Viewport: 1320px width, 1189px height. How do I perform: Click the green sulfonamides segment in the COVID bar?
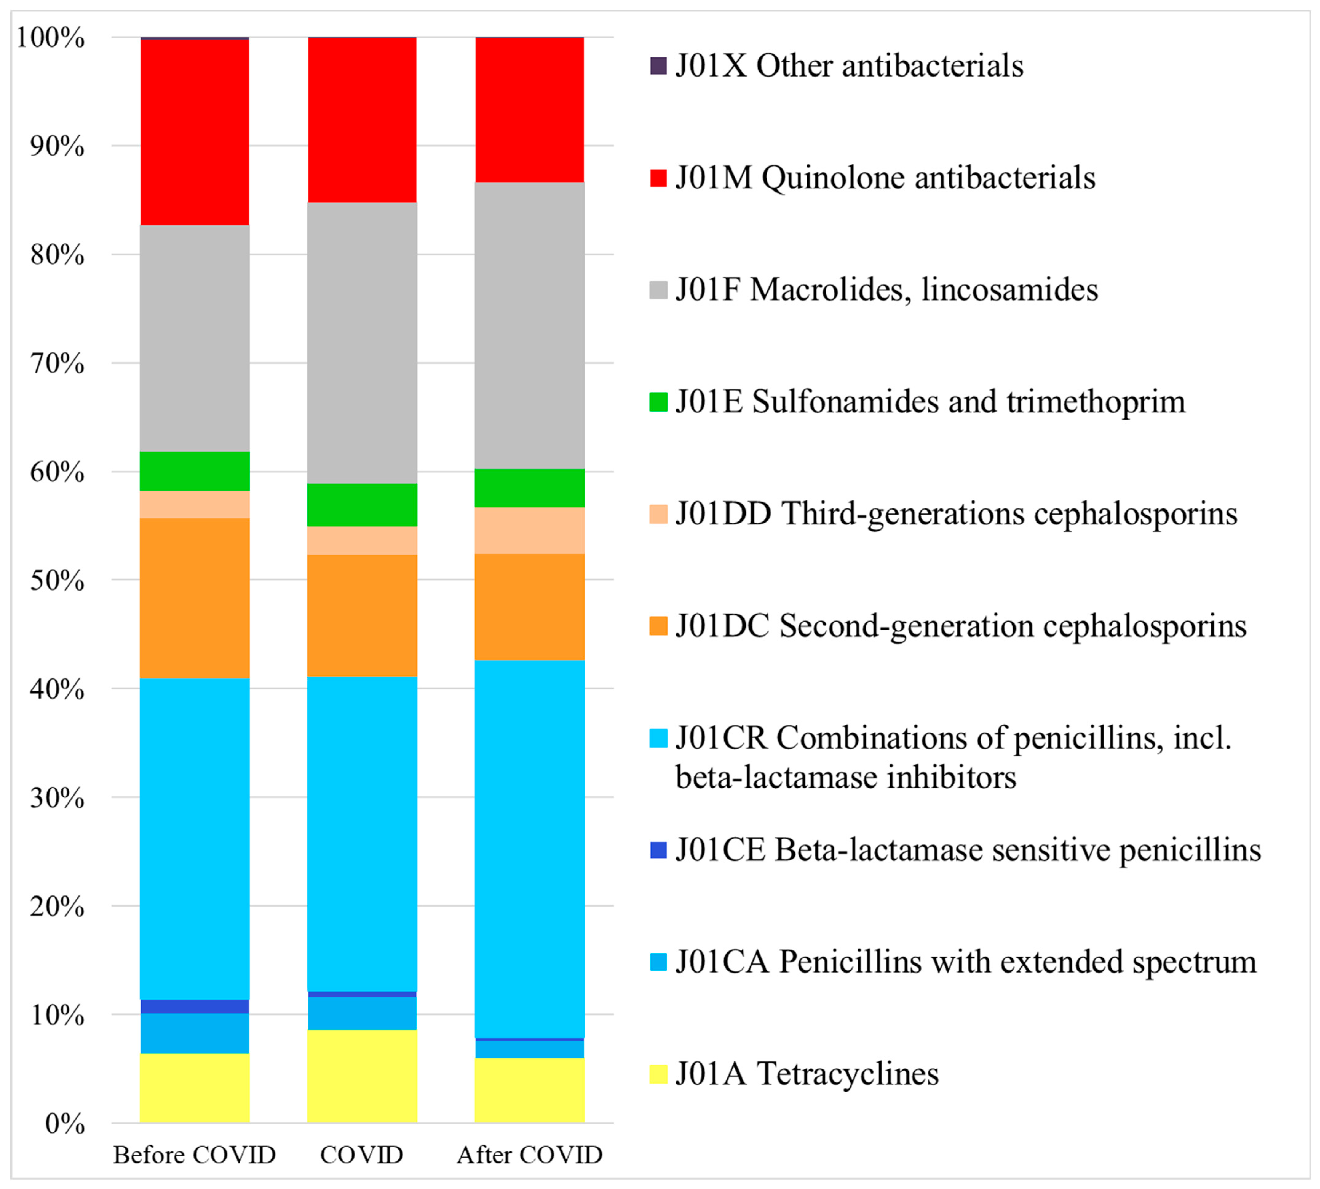coord(362,504)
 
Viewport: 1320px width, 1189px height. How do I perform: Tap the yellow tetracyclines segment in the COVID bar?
coord(362,1076)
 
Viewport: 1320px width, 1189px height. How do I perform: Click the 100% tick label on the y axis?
coord(51,38)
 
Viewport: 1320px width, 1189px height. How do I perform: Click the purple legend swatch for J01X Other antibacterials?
coord(658,66)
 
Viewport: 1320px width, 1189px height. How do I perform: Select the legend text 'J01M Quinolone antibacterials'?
coord(885,178)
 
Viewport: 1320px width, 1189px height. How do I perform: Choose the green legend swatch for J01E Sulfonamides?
coord(658,402)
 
